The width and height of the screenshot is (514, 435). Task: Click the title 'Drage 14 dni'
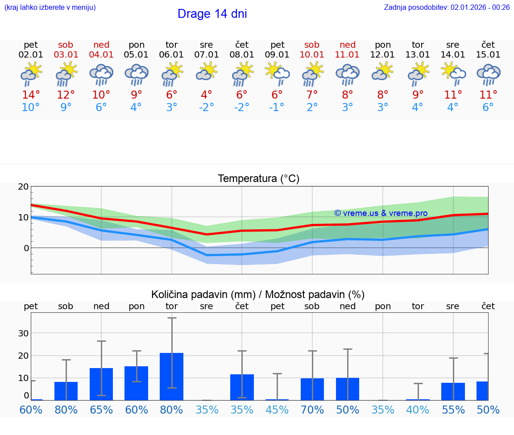click(212, 14)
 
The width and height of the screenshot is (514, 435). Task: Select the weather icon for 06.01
click(172, 74)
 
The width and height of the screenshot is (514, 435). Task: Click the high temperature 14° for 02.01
click(31, 95)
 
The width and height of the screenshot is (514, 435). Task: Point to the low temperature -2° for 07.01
click(207, 108)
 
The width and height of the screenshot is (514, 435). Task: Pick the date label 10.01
click(312, 55)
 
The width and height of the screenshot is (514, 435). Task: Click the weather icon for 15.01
click(488, 74)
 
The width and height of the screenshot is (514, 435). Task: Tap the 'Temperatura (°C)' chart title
click(258, 179)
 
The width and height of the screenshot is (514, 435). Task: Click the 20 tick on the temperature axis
click(23, 187)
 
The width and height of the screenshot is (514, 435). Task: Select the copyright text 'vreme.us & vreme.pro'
click(381, 213)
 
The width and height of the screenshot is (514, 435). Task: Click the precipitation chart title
click(258, 294)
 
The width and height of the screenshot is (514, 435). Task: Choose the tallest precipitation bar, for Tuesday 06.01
click(171, 377)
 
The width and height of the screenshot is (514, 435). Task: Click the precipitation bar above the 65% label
click(101, 384)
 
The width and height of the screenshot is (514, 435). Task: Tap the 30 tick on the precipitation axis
click(23, 333)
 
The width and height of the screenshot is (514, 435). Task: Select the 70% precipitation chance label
click(312, 410)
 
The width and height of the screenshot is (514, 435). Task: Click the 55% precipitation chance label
click(453, 410)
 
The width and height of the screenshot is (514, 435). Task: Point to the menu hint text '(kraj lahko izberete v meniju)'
click(50, 7)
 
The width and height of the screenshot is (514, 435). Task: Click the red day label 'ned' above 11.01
click(348, 45)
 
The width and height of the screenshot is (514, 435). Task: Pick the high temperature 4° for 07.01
click(207, 95)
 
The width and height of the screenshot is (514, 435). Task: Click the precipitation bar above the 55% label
click(453, 391)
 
